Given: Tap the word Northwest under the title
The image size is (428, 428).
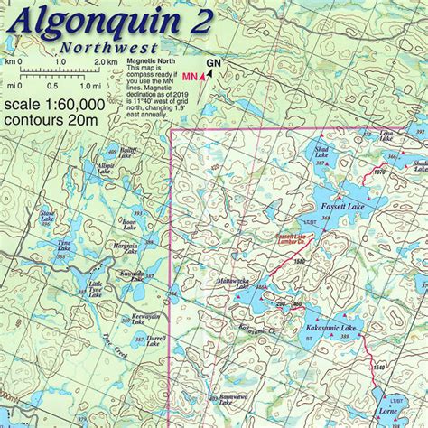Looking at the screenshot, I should (x=107, y=48).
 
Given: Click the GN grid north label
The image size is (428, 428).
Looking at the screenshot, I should (x=212, y=62).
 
